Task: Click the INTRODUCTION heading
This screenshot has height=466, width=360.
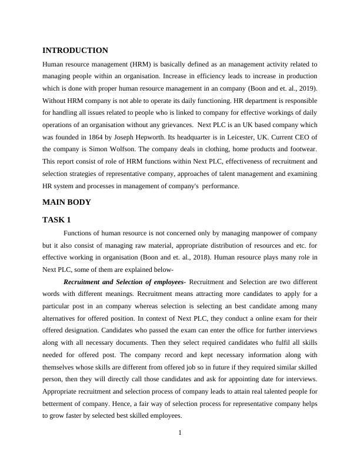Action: point(75,51)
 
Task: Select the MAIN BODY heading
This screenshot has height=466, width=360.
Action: point(66,202)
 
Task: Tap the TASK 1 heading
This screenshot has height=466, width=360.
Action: point(56,220)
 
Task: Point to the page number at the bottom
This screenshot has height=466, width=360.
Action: point(180,434)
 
